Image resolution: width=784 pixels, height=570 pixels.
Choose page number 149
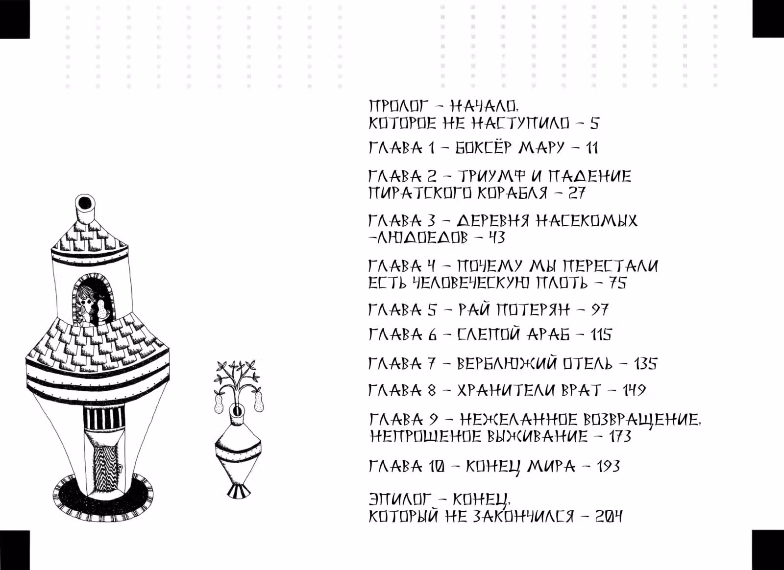[x=634, y=390]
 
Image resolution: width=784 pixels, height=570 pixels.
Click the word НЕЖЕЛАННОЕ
[x=517, y=420]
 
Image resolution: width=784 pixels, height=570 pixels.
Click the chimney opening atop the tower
[x=84, y=202]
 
